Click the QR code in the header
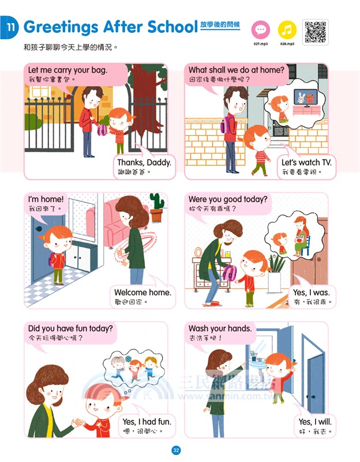pos(315,32)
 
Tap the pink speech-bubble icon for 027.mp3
pos(261,30)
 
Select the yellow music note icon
pos(287,30)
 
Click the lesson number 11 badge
pos(9,27)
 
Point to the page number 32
pos(176,450)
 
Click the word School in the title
pos(172,27)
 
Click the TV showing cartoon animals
pos(306,97)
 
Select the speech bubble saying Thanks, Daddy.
pos(144,166)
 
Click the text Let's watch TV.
pos(306,162)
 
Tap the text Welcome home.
pos(142,292)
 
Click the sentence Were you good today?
pos(228,199)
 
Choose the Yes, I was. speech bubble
pos(313,297)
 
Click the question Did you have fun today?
pos(70,328)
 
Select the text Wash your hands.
pos(220,328)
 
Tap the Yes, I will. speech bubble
pos(315,426)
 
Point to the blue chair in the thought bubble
pos(305,245)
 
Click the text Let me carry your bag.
pos(67,70)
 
